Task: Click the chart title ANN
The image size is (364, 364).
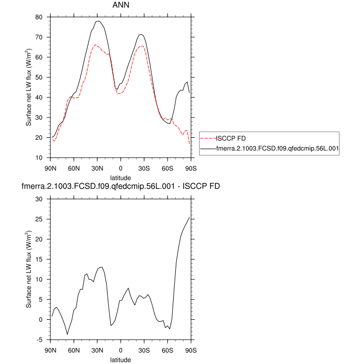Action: coord(121,5)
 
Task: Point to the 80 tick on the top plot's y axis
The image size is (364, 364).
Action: coord(38,17)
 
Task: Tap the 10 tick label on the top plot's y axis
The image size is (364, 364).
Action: coord(38,158)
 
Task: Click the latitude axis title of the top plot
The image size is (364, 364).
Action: coord(121,177)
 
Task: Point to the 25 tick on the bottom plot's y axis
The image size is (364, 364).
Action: coord(38,219)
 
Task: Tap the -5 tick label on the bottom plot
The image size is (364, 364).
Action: coord(40,340)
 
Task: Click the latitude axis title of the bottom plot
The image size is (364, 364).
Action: coord(121,359)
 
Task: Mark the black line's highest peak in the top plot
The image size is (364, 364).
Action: coord(98,21)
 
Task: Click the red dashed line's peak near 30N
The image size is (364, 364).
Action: coord(96,45)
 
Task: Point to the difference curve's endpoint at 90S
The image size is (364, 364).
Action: coord(189,217)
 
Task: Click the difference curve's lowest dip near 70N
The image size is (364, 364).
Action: coord(67,334)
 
